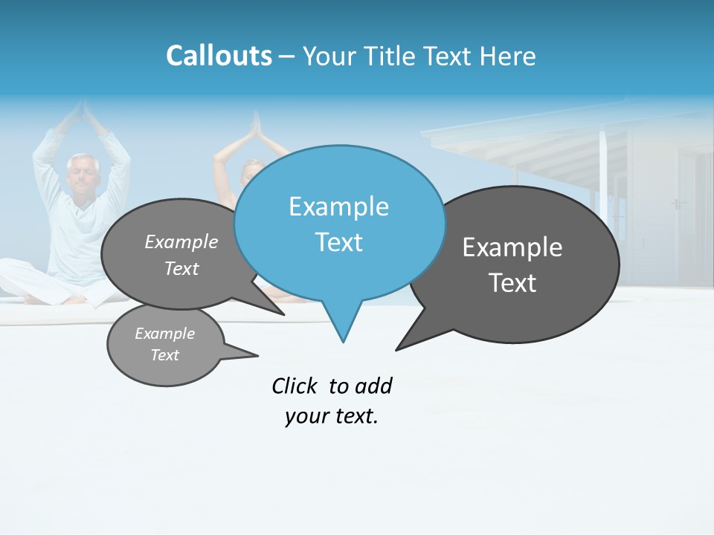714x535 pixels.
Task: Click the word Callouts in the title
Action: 219,56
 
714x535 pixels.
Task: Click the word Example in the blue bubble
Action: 338,207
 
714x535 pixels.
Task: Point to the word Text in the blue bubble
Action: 338,242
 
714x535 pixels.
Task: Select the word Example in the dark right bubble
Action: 512,247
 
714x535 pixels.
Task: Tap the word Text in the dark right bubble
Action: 512,283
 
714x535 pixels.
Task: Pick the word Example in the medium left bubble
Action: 181,242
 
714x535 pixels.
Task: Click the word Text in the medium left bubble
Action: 181,268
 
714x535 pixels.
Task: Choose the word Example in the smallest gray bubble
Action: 165,334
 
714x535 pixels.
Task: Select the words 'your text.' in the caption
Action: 332,416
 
